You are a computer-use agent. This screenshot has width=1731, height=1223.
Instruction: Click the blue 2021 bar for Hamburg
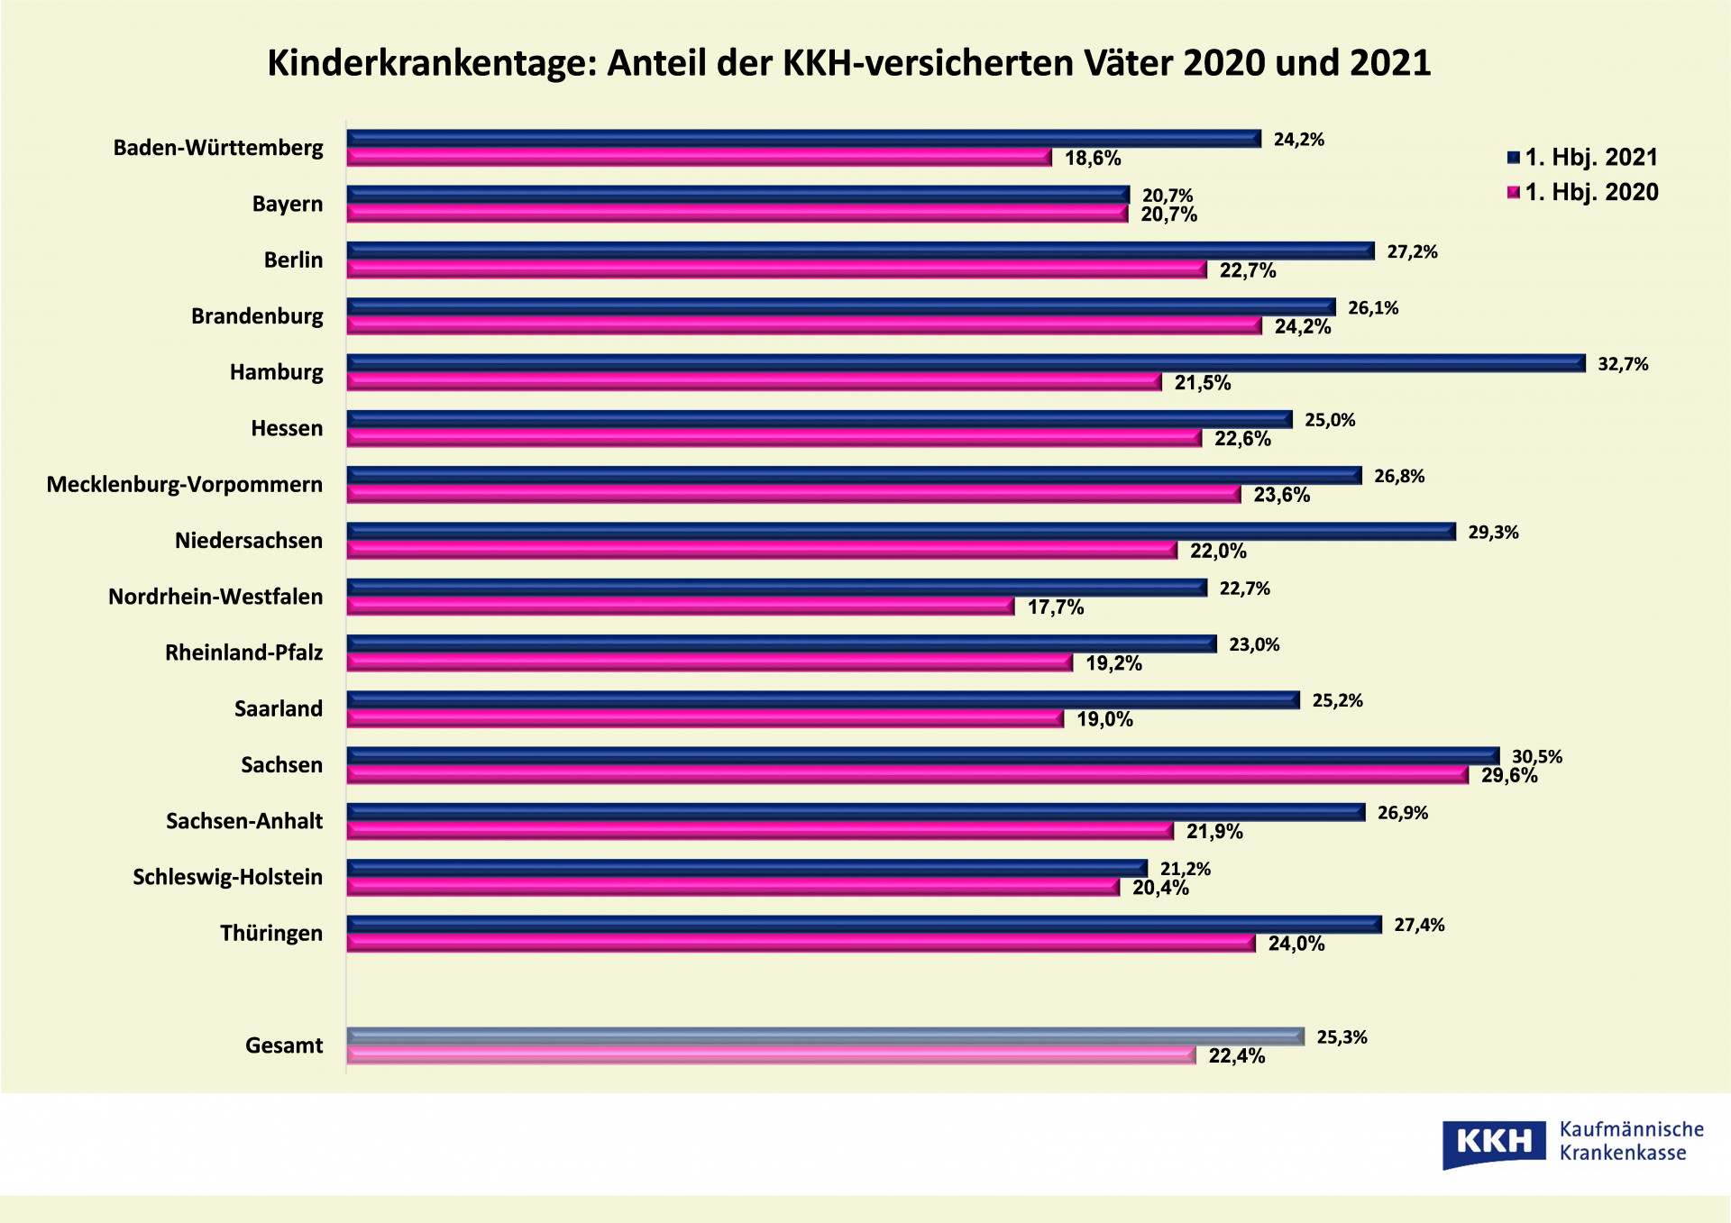tap(965, 362)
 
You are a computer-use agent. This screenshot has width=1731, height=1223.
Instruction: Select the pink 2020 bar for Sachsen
tap(906, 774)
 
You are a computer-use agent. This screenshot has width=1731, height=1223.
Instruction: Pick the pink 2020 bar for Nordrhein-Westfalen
tap(680, 606)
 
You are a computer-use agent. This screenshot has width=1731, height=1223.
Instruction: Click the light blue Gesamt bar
tap(825, 1036)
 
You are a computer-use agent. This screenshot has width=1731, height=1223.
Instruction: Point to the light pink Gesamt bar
tap(771, 1054)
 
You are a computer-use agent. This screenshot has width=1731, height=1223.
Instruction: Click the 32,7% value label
tap(1623, 364)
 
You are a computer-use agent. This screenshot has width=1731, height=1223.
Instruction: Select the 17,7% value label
tap(1056, 607)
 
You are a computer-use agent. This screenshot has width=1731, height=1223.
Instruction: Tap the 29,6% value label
tap(1509, 776)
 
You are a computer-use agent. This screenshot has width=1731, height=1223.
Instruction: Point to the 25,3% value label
tap(1342, 1037)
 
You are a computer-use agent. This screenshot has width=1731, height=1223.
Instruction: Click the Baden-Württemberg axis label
tap(218, 148)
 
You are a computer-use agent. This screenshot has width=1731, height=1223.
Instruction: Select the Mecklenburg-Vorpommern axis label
tap(185, 485)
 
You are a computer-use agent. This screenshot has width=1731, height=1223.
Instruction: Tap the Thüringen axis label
tap(271, 933)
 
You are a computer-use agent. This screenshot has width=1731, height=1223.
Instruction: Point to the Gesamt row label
tap(284, 1045)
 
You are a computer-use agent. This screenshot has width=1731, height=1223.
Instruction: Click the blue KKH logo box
tap(1494, 1143)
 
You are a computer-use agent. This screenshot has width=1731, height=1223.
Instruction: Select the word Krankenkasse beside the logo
tap(1622, 1154)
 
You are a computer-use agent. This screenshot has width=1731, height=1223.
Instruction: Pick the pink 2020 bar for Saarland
tap(705, 718)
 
